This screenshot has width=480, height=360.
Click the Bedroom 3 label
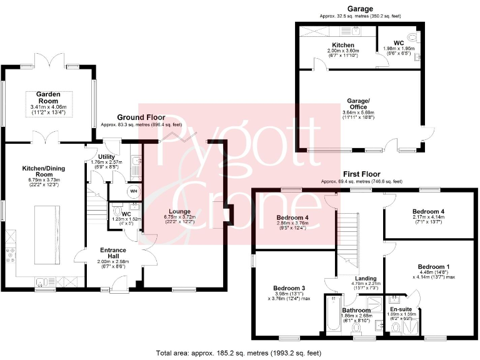[287, 288]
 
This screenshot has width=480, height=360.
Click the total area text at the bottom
[239, 352]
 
